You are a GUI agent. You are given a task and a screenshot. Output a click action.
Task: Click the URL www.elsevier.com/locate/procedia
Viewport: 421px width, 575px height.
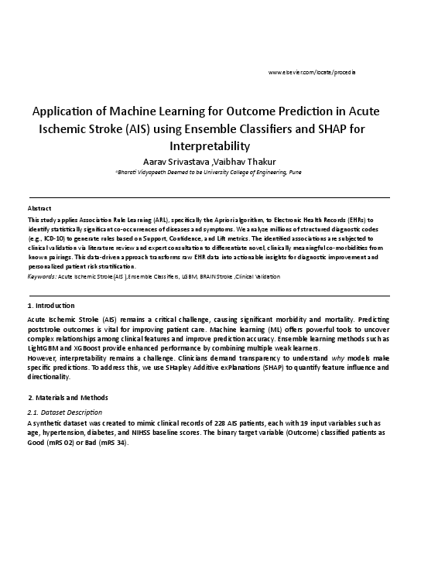[x=311, y=72]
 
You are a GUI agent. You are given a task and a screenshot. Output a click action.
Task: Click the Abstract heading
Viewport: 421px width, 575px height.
[x=39, y=209]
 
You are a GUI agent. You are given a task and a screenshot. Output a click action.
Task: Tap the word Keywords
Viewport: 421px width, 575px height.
[x=40, y=276]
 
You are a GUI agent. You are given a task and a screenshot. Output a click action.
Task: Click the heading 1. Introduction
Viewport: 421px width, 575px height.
[x=51, y=306]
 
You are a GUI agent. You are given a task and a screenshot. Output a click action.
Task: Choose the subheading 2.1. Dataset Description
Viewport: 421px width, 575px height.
[x=64, y=412]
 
